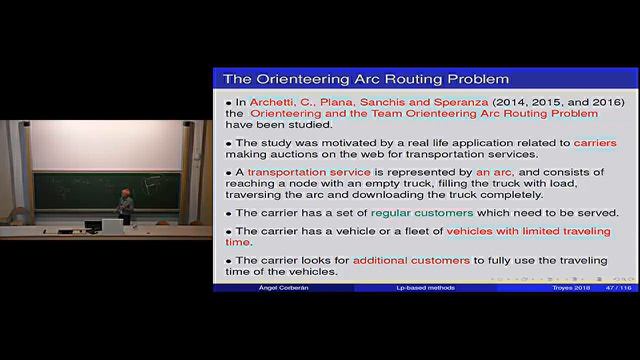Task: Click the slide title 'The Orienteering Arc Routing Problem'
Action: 365,78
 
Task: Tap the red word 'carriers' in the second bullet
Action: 594,143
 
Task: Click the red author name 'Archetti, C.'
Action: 284,103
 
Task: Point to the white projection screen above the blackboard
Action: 110,146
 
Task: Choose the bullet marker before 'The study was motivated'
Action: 228,143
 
